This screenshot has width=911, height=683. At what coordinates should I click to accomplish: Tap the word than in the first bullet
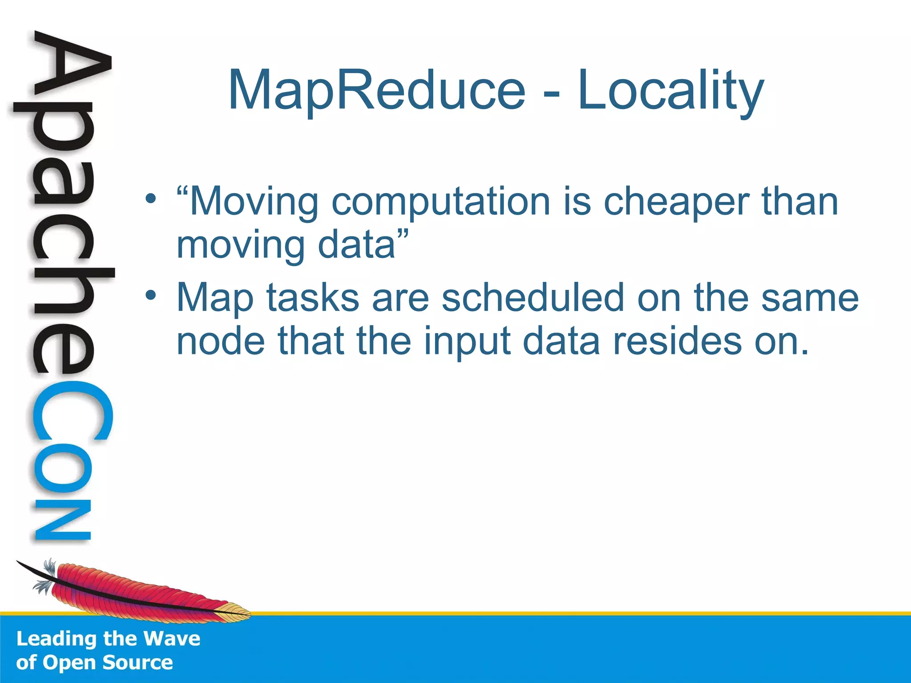pyautogui.click(x=799, y=201)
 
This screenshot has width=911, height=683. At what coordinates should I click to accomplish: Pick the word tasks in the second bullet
pyautogui.click(x=312, y=298)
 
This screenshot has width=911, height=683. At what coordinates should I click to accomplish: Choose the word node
pyautogui.click(x=221, y=341)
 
